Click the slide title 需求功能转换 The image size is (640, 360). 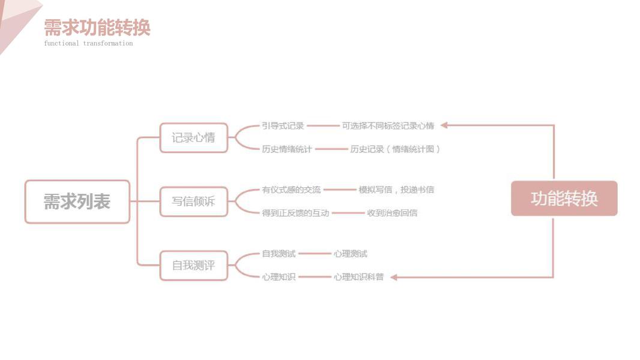(97, 28)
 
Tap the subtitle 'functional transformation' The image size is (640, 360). (88, 43)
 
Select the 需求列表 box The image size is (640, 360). (77, 202)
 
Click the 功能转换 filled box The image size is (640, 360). (564, 199)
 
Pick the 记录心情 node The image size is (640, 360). (193, 137)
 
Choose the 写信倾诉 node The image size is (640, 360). (193, 202)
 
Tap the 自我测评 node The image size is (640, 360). (193, 265)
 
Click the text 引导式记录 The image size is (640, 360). (283, 126)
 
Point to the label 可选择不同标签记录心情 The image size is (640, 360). (388, 126)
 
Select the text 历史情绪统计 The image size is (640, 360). (287, 149)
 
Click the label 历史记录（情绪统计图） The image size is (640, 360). (395, 149)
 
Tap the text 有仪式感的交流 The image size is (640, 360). (291, 190)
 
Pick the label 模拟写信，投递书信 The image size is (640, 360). (396, 190)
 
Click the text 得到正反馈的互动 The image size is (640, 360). (295, 212)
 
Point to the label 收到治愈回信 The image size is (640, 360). (392, 212)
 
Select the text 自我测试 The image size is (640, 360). (279, 254)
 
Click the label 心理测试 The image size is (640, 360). (350, 254)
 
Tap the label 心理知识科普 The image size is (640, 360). (358, 277)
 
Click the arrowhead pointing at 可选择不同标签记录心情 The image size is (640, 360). (445, 125)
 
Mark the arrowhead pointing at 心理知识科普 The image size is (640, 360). (395, 277)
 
